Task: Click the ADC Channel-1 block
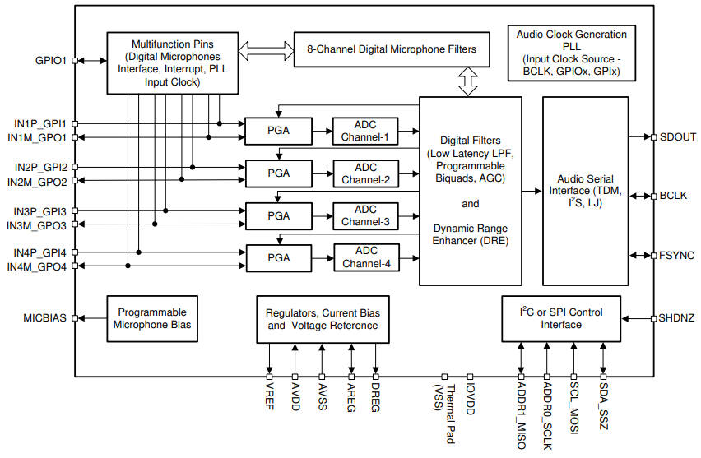364,131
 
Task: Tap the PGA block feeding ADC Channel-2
279,173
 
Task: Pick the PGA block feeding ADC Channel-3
279,215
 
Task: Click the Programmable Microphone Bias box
152,319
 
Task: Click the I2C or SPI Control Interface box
561,318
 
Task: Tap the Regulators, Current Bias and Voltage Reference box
322,319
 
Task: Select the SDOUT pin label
676,136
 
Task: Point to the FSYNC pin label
676,255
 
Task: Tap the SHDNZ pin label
676,317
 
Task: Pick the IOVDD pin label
470,400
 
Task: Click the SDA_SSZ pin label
604,405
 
